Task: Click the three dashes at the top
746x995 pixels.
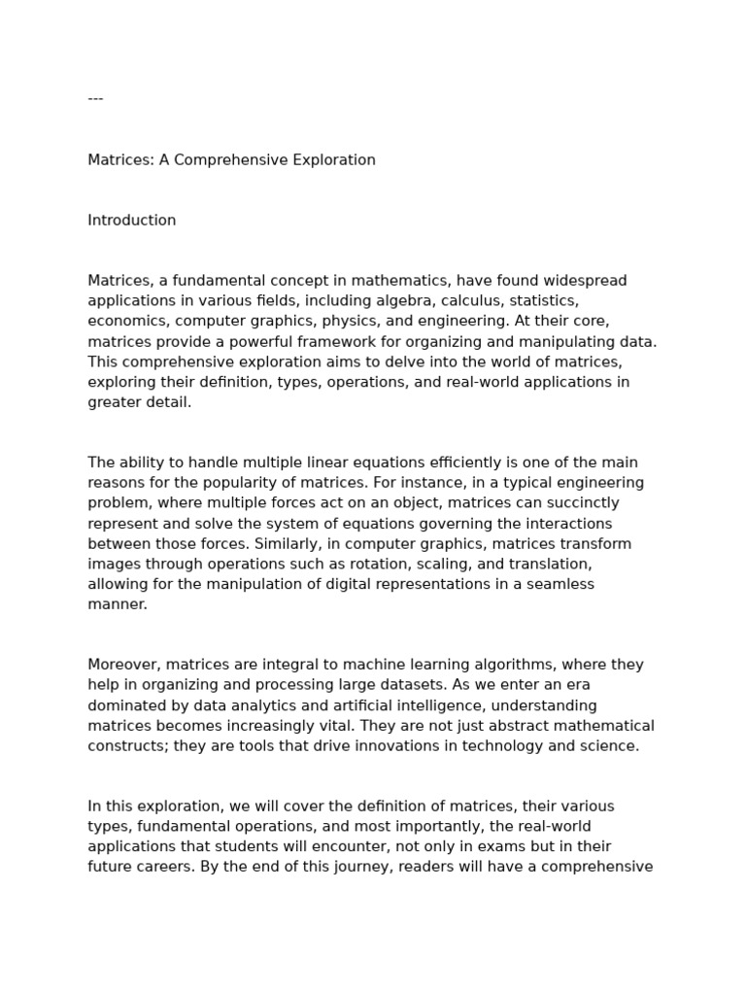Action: click(95, 99)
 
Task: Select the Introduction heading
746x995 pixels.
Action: click(132, 221)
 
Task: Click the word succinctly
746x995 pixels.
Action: click(556, 503)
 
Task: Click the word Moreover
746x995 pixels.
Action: click(124, 666)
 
